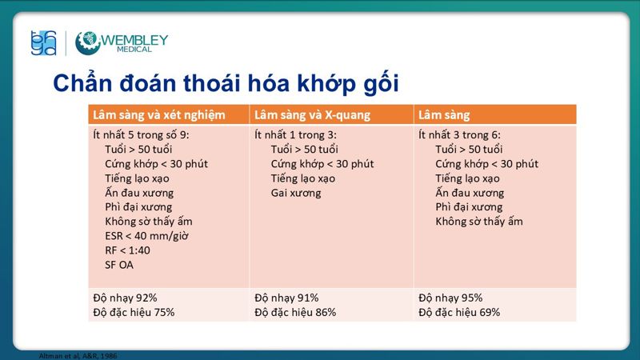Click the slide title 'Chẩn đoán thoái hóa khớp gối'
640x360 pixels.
(x=225, y=82)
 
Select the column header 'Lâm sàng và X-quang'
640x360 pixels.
(x=312, y=114)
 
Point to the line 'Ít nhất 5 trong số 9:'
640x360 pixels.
(x=142, y=134)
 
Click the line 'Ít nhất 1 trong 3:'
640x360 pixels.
(x=295, y=134)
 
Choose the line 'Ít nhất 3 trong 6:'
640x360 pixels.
(x=460, y=134)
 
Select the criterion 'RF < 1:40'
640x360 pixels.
(x=127, y=250)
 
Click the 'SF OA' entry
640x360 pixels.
(x=119, y=264)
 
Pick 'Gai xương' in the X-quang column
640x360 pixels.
(x=296, y=192)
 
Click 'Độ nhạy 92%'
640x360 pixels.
(x=126, y=298)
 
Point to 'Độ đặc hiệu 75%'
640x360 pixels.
(x=134, y=312)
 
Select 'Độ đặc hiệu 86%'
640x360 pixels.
(x=295, y=312)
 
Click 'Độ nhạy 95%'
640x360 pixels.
(x=450, y=298)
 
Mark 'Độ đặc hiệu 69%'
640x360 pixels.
(x=459, y=312)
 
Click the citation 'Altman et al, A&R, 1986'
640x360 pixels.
(x=73, y=355)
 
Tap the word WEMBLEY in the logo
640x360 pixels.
(x=134, y=38)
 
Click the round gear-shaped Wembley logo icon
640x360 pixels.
(x=87, y=43)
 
